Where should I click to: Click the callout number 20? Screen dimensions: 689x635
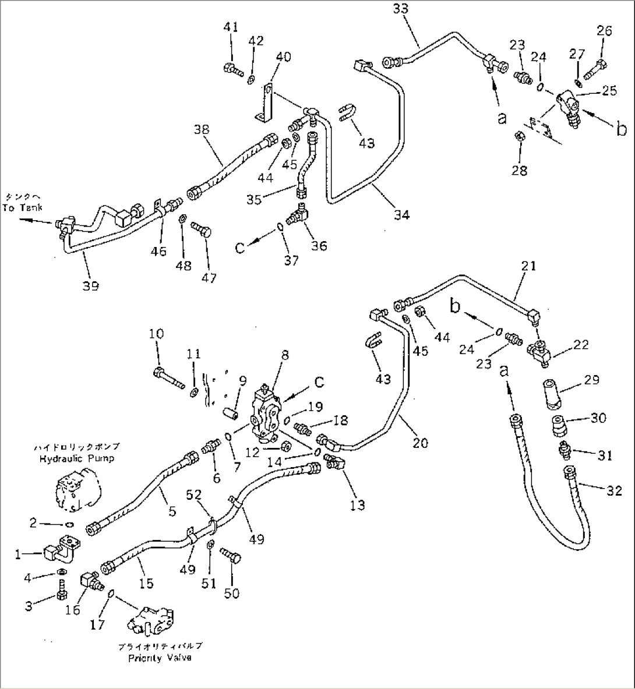click(x=419, y=443)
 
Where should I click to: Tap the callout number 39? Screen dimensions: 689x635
click(x=91, y=285)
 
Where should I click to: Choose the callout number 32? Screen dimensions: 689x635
click(x=614, y=491)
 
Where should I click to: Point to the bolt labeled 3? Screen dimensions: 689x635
click(x=62, y=596)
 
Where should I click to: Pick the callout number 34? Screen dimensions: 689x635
click(x=401, y=215)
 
